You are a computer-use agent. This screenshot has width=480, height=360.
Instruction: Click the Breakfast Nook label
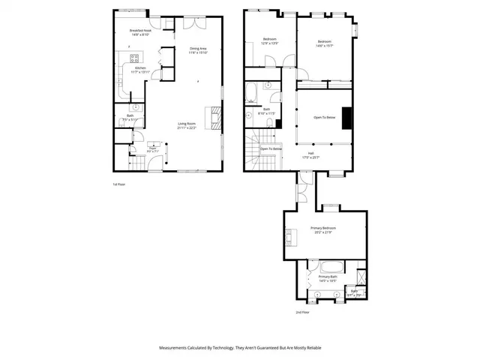pos(141,32)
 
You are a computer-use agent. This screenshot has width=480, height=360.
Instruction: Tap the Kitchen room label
pos(141,70)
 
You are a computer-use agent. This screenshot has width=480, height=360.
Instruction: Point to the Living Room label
pos(187,125)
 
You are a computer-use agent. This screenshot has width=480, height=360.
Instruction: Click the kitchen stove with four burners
pos(136,57)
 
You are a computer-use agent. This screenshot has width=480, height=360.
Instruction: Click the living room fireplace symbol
pos(217,117)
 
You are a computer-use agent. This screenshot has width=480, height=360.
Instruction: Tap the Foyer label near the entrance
pos(152,149)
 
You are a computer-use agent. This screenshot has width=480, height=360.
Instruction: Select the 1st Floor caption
pos(119,184)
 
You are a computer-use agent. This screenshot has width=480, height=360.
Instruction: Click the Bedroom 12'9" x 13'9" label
pos(270,41)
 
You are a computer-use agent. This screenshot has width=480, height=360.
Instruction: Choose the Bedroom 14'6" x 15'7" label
pos(324,43)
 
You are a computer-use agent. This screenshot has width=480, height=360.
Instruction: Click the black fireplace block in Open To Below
pos(346,118)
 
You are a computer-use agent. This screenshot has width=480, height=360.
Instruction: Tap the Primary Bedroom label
pos(322,229)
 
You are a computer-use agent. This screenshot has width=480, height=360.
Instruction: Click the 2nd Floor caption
pos(302,311)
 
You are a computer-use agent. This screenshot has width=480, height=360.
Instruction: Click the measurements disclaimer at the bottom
pos(239,347)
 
